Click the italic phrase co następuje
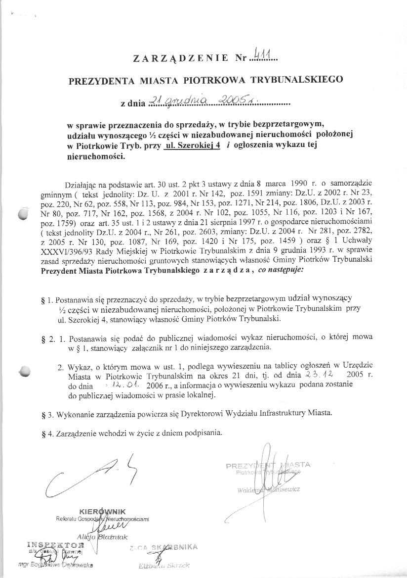[278, 270]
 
